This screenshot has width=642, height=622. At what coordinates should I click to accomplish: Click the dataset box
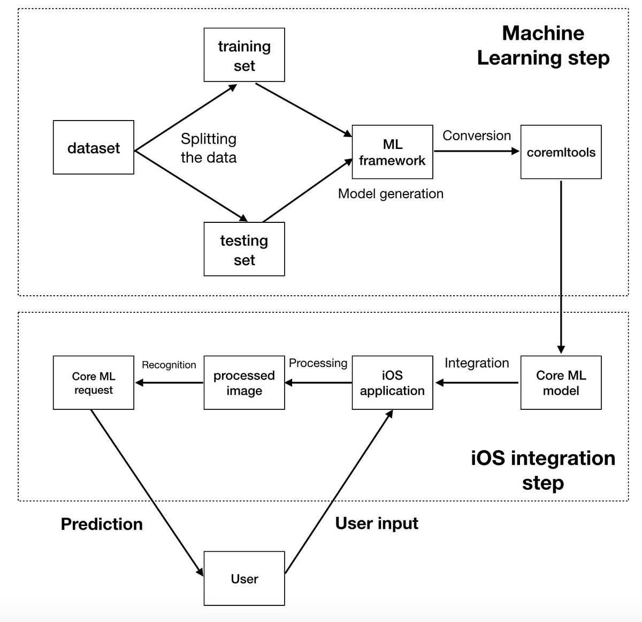(x=94, y=147)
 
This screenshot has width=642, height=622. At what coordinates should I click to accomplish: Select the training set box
(x=244, y=55)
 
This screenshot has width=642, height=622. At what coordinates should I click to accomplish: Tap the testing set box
(x=244, y=249)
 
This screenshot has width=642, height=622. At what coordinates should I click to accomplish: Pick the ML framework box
(x=392, y=152)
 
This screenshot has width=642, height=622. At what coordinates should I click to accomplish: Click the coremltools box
(x=561, y=152)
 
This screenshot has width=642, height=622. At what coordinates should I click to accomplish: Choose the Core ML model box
(x=561, y=383)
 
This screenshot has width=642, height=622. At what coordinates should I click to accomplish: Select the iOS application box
(x=392, y=383)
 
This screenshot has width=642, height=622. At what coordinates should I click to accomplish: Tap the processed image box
(x=244, y=383)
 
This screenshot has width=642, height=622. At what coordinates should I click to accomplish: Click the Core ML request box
(x=94, y=383)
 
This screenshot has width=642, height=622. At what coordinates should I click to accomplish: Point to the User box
(x=244, y=579)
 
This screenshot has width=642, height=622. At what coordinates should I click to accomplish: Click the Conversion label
(x=476, y=136)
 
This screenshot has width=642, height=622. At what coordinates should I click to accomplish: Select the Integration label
(x=476, y=363)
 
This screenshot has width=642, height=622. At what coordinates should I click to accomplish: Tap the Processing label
(x=318, y=363)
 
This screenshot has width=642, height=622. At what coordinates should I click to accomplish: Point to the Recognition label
(x=169, y=365)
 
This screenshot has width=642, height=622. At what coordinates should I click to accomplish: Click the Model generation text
(x=391, y=193)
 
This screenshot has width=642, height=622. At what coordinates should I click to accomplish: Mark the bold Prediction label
(x=102, y=524)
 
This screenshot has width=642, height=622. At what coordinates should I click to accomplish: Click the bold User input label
(x=377, y=523)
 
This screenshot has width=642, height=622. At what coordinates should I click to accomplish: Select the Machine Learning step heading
(x=543, y=46)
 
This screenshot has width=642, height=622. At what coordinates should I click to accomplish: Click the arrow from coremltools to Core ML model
(x=561, y=268)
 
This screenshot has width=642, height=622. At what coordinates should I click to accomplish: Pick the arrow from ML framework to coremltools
(x=476, y=151)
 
